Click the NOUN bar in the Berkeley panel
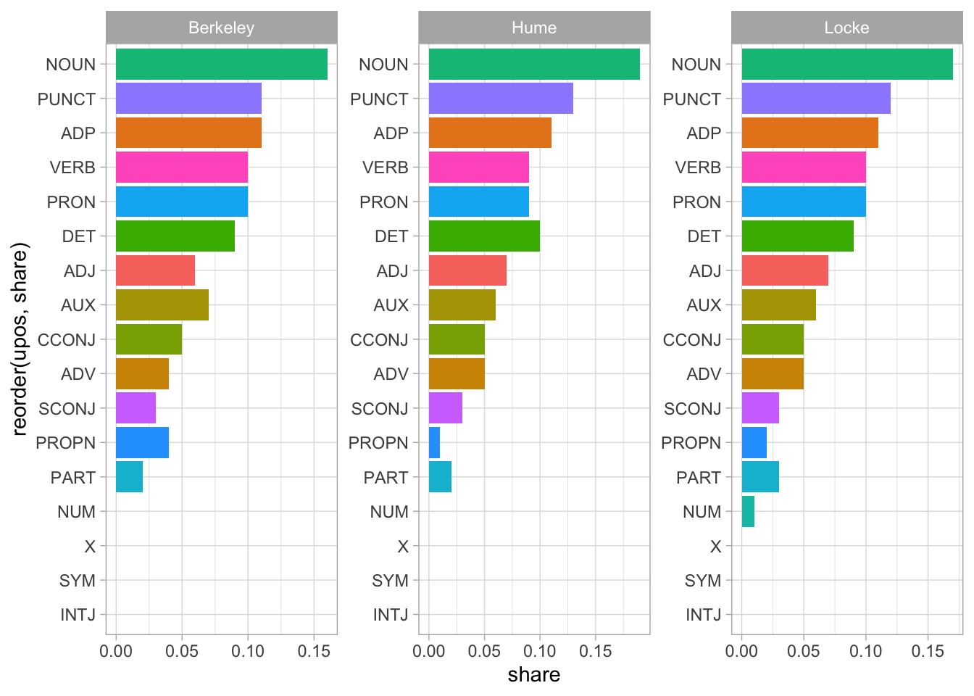pyautogui.click(x=221, y=64)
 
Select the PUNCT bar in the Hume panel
pyautogui.click(x=501, y=99)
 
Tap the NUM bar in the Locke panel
pyautogui.click(x=748, y=512)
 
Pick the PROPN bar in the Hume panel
pyautogui.click(x=434, y=443)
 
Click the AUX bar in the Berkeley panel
pyautogui.click(x=162, y=305)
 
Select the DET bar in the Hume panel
pyautogui.click(x=484, y=236)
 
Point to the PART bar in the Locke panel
pyautogui.click(x=760, y=478)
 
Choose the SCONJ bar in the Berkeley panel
pyautogui.click(x=136, y=408)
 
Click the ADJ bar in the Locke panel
pyautogui.click(x=785, y=270)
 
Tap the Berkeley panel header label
pyautogui.click(x=221, y=28)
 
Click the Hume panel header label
pyautogui.click(x=534, y=28)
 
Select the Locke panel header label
pyautogui.click(x=846, y=28)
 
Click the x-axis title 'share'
pyautogui.click(x=534, y=675)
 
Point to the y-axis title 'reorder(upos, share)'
pyautogui.click(x=20, y=339)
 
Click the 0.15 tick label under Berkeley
pyautogui.click(x=314, y=651)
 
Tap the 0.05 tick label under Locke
pyautogui.click(x=804, y=651)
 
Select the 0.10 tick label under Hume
pyautogui.click(x=540, y=651)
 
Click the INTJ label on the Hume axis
pyautogui.click(x=391, y=616)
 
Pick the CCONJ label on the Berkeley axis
pyautogui.click(x=67, y=340)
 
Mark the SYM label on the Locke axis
pyautogui.click(x=703, y=581)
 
